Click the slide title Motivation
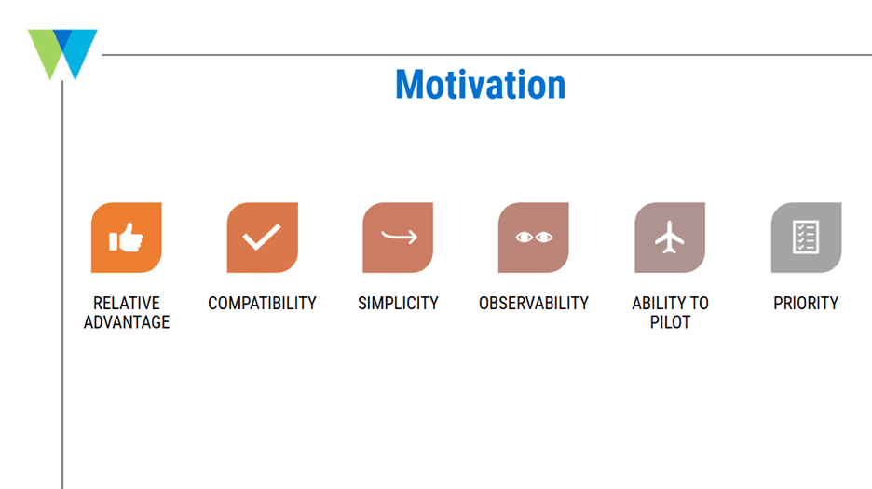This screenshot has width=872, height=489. pos(481,85)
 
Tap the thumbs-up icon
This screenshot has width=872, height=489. pos(127,238)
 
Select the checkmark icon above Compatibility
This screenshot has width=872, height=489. pos(262,238)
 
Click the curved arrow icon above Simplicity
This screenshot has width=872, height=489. pos(398,238)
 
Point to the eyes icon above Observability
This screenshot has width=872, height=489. pos(533,238)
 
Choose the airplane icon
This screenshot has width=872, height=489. pos(670,238)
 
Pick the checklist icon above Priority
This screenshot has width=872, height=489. pos(806,238)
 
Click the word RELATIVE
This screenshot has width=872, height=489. pos(127,304)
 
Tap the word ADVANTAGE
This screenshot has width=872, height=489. pos(127,322)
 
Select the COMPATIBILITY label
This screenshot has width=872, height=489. pos(262,304)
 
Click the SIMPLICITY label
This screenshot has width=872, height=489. pos(398,304)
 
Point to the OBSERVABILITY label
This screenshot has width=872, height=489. pos(533,304)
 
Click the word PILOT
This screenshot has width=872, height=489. pos(670,322)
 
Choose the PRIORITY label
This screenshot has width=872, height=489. pos(806,304)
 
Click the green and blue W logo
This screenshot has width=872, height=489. pos(62,54)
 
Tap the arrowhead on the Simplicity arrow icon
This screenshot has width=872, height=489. pos(412,238)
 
